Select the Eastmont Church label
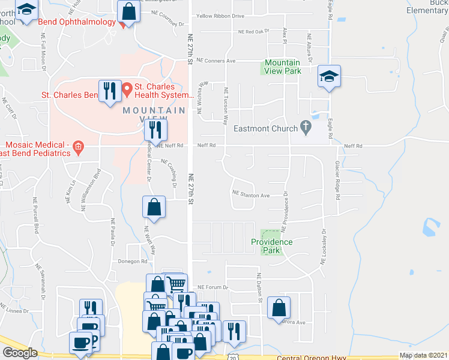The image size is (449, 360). tap(266, 128)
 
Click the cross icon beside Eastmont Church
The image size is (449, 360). tap(306, 127)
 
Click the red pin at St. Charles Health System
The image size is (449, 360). tap(127, 90)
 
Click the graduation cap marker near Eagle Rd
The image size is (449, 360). tap(328, 76)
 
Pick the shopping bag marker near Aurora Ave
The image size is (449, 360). tap(279, 308)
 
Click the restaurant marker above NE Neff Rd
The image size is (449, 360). tap(155, 129)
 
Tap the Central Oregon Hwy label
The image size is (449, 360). tap(312, 359)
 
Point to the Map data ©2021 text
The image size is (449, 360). tap(423, 355)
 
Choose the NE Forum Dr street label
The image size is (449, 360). tap(213, 287)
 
